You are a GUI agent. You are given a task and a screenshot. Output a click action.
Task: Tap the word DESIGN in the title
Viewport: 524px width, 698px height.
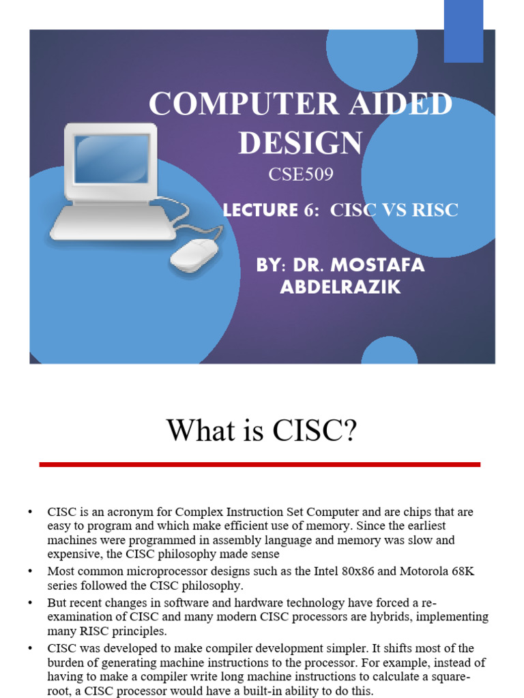click(x=300, y=142)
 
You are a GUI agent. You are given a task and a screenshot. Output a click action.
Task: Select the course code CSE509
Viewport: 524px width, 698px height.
click(x=301, y=174)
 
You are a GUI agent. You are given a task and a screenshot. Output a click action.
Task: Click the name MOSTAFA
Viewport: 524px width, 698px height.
click(x=376, y=265)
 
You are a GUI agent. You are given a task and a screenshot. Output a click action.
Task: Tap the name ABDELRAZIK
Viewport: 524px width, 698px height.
click(x=340, y=287)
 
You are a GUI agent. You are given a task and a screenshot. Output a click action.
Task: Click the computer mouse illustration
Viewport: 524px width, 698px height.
click(x=194, y=256)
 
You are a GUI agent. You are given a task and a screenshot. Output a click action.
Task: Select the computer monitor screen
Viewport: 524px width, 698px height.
click(x=111, y=158)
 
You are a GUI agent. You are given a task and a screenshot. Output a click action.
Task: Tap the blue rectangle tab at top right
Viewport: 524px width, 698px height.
click(x=463, y=31)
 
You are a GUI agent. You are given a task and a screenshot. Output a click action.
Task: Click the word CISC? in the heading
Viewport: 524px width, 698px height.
click(x=317, y=430)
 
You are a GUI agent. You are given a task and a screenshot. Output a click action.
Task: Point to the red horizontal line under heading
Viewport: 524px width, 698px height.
click(x=260, y=464)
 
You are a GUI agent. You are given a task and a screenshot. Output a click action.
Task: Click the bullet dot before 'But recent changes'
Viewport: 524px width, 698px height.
click(x=30, y=603)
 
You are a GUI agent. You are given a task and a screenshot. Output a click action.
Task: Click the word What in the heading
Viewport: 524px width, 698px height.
click(x=194, y=430)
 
